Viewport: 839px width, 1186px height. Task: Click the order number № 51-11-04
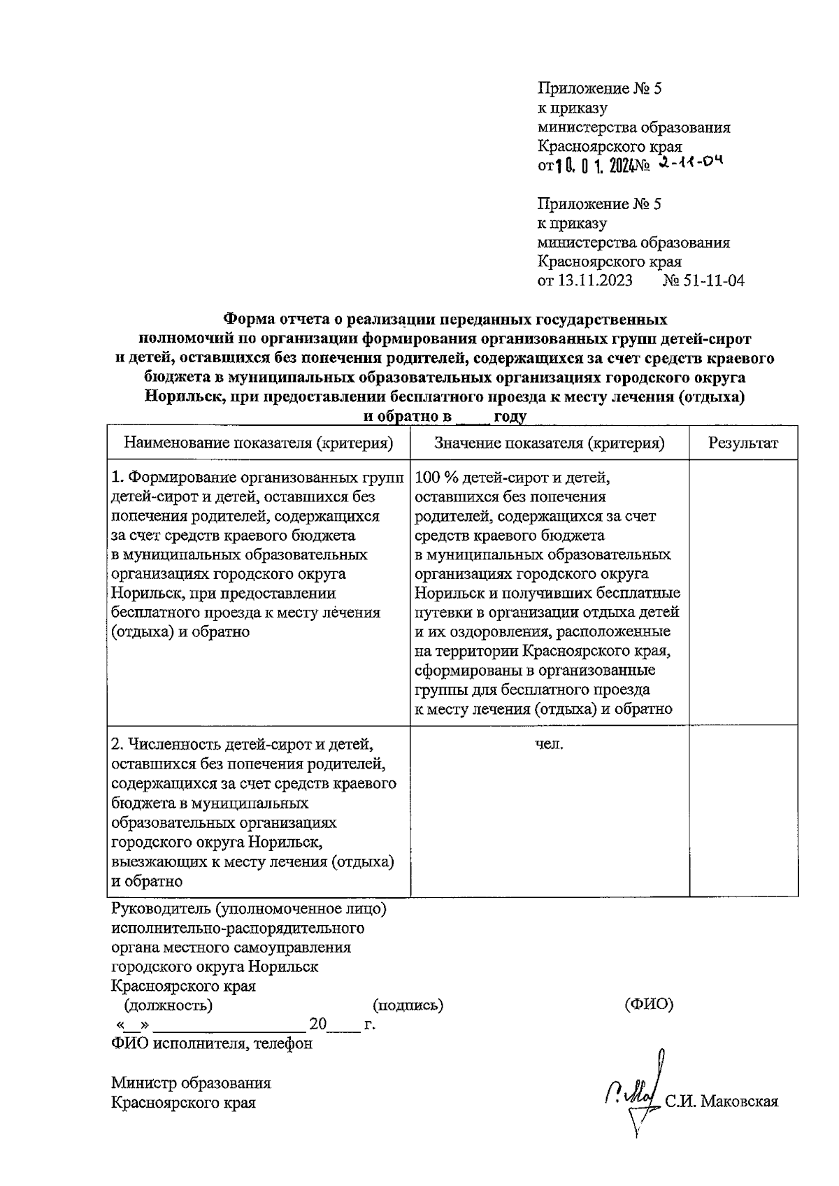(703, 281)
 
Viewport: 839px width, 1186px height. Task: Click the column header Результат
(743, 443)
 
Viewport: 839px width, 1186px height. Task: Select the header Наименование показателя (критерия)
(258, 443)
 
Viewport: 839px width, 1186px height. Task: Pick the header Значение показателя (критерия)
(550, 443)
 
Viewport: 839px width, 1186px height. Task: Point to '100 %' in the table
(433, 478)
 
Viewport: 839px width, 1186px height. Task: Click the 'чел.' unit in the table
(550, 744)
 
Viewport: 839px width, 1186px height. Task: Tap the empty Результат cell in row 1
(743, 591)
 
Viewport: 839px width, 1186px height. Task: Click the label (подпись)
(409, 1006)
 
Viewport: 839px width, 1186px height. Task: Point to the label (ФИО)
(648, 1005)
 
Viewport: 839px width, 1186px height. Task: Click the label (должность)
(168, 1006)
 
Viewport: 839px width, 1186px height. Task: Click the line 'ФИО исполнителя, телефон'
(212, 1044)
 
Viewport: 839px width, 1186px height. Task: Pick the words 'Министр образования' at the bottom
(191, 1083)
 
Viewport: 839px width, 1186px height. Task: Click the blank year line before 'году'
(473, 417)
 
